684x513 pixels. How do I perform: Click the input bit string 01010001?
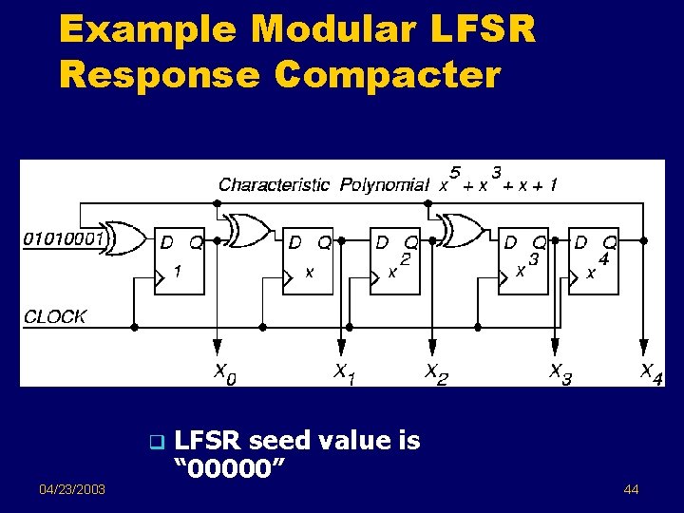(x=63, y=238)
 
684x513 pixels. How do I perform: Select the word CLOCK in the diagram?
(x=55, y=316)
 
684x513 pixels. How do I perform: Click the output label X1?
(x=343, y=373)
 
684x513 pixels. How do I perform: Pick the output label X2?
(x=435, y=373)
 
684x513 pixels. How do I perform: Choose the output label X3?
(x=560, y=373)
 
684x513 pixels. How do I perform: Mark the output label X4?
(x=651, y=373)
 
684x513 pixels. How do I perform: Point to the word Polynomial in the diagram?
(x=384, y=184)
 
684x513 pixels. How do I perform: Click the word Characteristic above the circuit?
(x=275, y=184)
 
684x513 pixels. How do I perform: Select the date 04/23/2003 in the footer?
(x=72, y=489)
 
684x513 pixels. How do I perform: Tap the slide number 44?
(x=632, y=489)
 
